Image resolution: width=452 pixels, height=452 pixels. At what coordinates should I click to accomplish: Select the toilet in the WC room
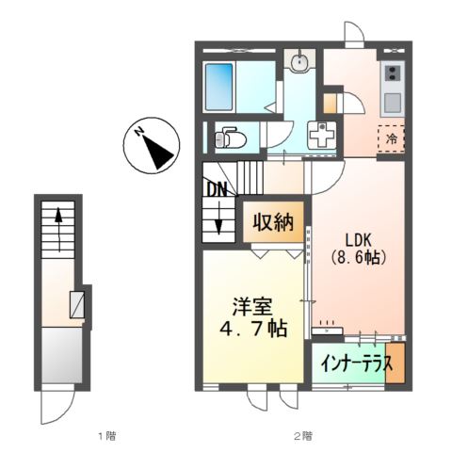click(230, 139)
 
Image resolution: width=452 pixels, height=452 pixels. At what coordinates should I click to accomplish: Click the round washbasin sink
click(300, 64)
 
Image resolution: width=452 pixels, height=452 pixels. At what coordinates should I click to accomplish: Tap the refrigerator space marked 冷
click(391, 137)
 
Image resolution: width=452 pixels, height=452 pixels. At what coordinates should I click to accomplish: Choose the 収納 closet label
click(274, 223)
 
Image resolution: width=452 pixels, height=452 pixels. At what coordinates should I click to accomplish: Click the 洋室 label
click(252, 308)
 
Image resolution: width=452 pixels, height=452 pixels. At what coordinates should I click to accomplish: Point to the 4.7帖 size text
click(252, 331)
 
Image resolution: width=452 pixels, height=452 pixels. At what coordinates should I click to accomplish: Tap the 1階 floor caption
click(105, 436)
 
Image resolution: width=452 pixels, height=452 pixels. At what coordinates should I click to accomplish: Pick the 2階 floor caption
click(301, 436)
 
